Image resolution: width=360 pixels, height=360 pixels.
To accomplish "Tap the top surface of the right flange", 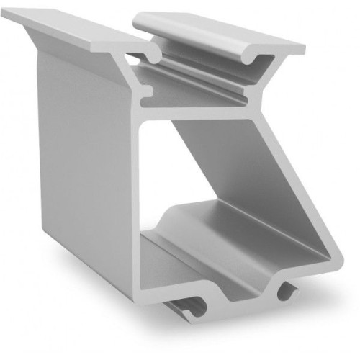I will click(216, 32).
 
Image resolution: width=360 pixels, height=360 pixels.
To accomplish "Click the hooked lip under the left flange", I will click(153, 55).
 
